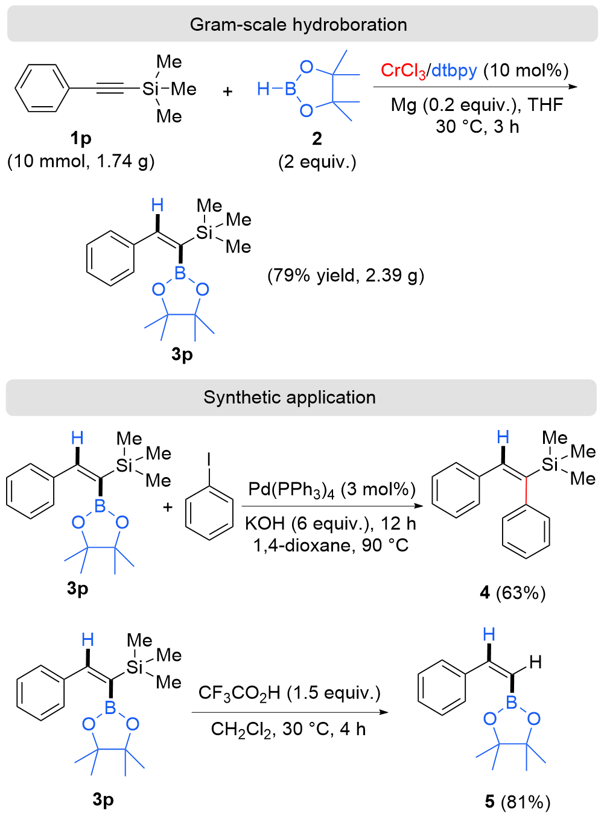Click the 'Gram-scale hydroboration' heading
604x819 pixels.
(x=298, y=25)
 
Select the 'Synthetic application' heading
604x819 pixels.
(x=290, y=397)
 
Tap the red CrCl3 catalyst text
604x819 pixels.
(x=403, y=71)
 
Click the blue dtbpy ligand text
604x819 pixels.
(x=454, y=71)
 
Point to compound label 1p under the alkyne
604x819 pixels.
(x=80, y=139)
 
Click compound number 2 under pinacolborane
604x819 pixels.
(x=317, y=139)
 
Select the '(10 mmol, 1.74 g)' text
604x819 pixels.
(x=81, y=161)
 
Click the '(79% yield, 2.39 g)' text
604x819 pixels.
(x=346, y=276)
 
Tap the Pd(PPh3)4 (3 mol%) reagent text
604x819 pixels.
(x=332, y=490)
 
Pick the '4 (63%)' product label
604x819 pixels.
(x=512, y=593)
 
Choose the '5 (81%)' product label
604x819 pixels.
(x=518, y=802)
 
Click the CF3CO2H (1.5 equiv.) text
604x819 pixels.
(x=290, y=693)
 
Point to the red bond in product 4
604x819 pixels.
(x=526, y=490)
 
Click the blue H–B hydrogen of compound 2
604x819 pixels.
(x=263, y=89)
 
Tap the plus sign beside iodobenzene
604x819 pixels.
(x=168, y=507)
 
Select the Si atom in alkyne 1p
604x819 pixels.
(x=150, y=89)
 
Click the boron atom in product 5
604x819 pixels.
(x=512, y=702)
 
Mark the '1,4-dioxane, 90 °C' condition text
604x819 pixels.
(x=331, y=546)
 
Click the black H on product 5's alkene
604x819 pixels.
(x=535, y=663)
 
